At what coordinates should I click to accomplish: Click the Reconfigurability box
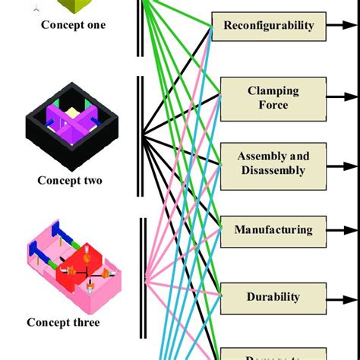pos(268,26)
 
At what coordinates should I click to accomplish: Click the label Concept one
pos(73,24)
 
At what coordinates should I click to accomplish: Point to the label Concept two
pos(70,181)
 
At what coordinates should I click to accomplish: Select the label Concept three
pos(63,322)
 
